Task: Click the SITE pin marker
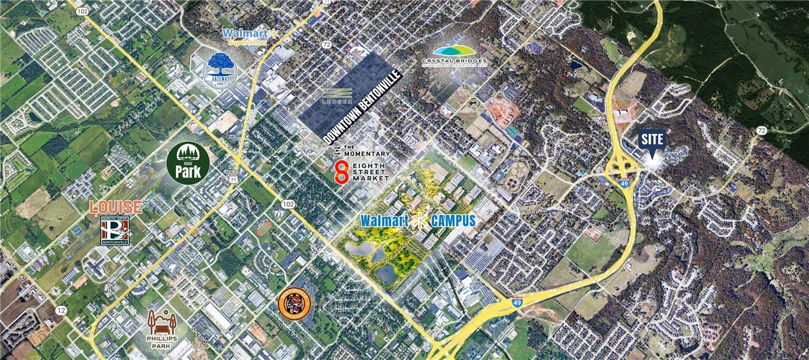[652, 141]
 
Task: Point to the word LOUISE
[116, 207]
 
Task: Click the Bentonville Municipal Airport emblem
[115, 231]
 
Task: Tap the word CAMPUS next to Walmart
[452, 221]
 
